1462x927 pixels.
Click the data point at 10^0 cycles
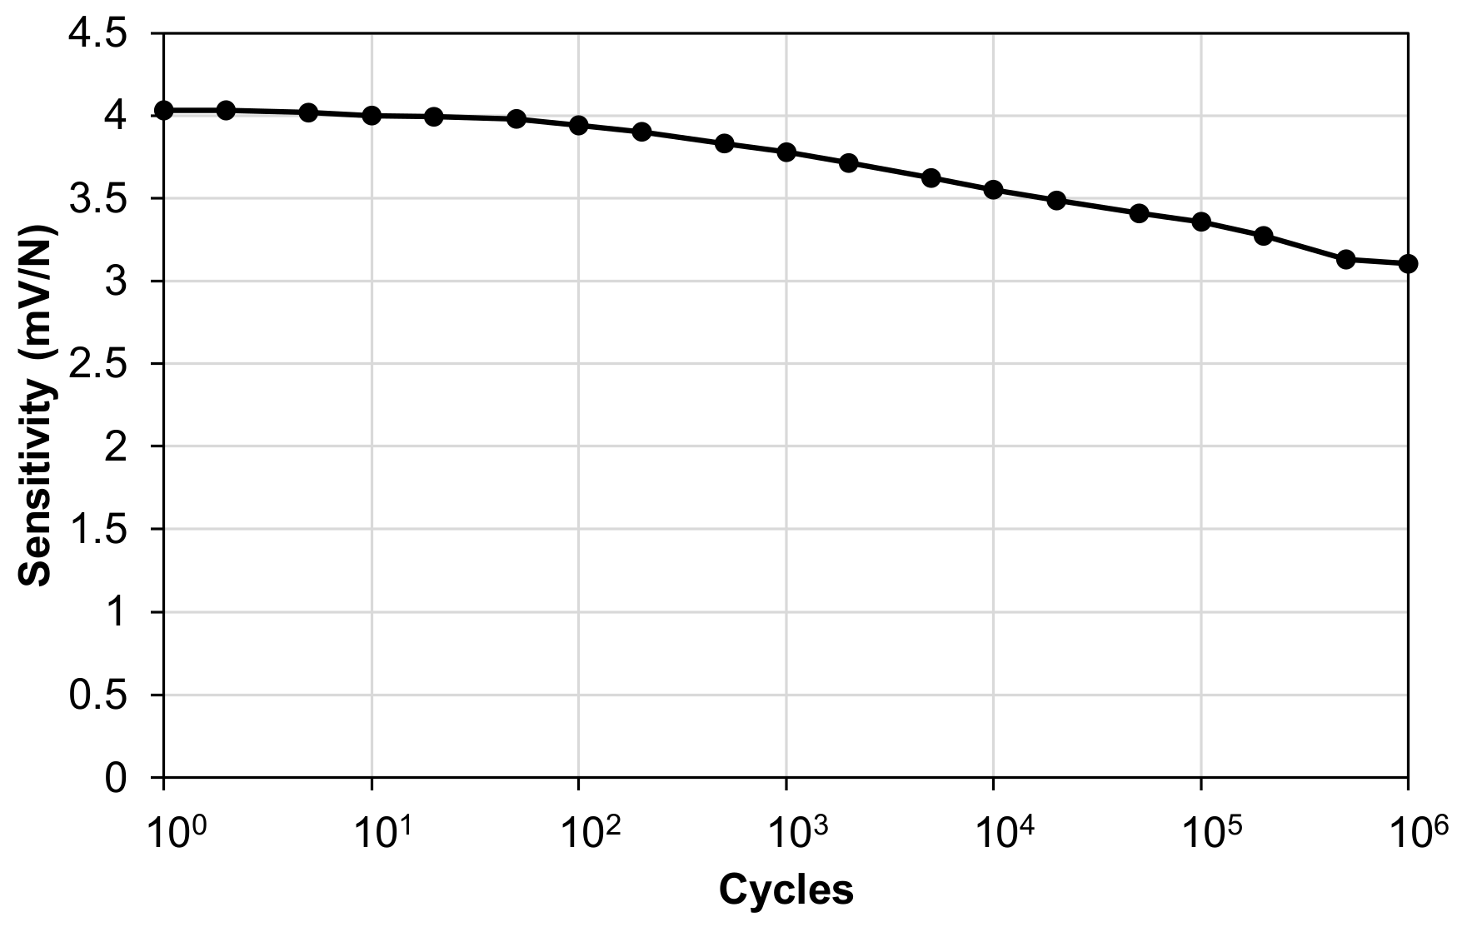click(164, 110)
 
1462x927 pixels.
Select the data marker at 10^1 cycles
click(372, 116)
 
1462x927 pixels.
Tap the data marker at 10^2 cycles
click(579, 126)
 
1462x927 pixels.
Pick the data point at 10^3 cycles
click(786, 152)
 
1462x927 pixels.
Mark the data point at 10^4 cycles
click(993, 190)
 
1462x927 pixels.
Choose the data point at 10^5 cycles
click(1200, 222)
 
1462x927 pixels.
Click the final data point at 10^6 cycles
click(1408, 264)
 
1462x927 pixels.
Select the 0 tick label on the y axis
click(117, 777)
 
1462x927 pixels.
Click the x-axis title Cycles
click(786, 890)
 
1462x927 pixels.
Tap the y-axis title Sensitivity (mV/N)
click(35, 406)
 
